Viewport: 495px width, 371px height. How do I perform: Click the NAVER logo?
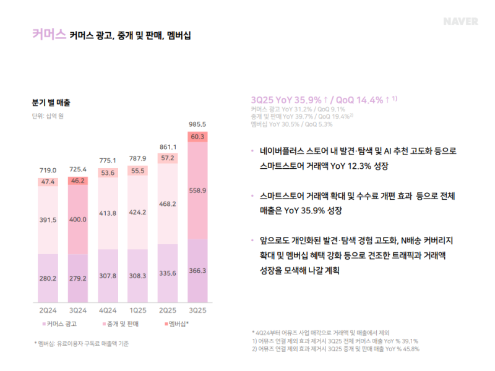pos(460,21)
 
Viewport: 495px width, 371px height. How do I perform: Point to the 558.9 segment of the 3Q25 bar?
pos(198,190)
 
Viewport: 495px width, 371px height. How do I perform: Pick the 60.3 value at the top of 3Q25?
pos(198,137)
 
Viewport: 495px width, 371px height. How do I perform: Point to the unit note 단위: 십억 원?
pos(48,115)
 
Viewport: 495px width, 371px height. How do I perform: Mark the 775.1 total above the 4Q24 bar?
pos(108,160)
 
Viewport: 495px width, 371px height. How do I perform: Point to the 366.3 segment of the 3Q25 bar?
pos(198,270)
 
